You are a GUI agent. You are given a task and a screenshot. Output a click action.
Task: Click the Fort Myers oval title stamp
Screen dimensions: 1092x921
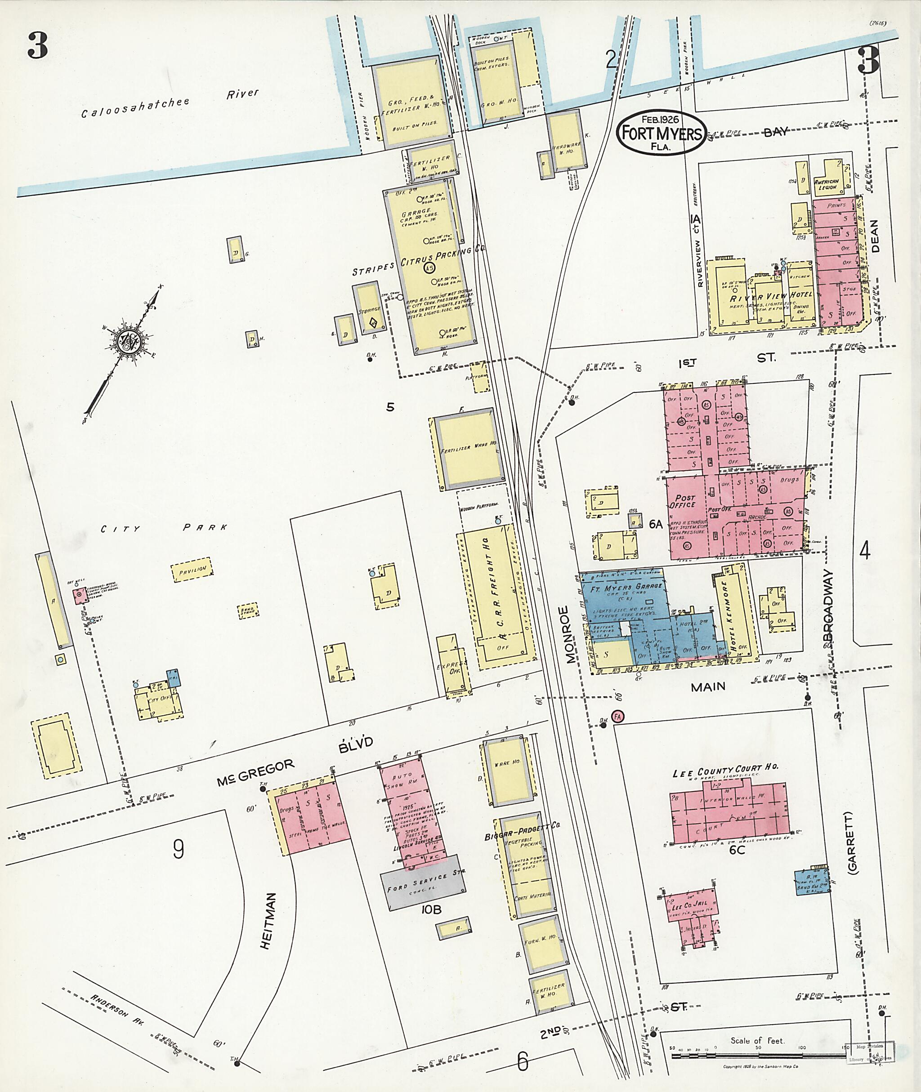(x=661, y=133)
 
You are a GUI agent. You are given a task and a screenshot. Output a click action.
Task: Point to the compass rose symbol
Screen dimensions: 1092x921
(x=127, y=343)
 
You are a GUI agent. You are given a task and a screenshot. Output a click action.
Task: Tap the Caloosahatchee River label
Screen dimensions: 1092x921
(x=170, y=103)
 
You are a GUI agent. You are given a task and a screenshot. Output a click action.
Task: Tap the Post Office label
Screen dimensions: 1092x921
(x=684, y=502)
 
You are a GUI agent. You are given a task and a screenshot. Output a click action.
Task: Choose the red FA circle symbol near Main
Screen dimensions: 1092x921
(x=617, y=717)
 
